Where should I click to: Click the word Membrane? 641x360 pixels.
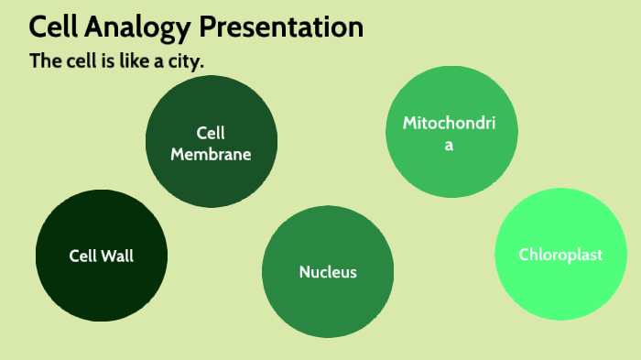pyautogui.click(x=211, y=155)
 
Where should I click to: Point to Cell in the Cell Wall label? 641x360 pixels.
pyautogui.click(x=83, y=256)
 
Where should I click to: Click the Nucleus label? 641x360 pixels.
pyautogui.click(x=328, y=272)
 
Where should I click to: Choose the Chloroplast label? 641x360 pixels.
pyautogui.click(x=560, y=255)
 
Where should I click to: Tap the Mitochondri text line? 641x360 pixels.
pyautogui.click(x=449, y=123)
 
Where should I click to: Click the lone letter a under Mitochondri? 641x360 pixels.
pyautogui.click(x=449, y=145)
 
